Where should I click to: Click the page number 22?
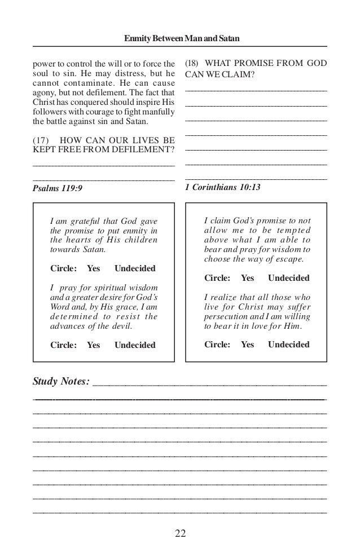(x=180, y=532)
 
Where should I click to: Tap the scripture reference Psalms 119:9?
(x=58, y=187)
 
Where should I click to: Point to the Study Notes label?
(x=61, y=382)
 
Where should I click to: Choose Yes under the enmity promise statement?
(x=93, y=268)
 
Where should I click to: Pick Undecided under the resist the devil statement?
(x=135, y=345)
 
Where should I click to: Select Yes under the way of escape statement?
(x=248, y=278)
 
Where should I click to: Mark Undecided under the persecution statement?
(x=289, y=344)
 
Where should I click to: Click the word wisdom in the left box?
(x=141, y=289)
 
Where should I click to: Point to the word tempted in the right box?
(x=293, y=231)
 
